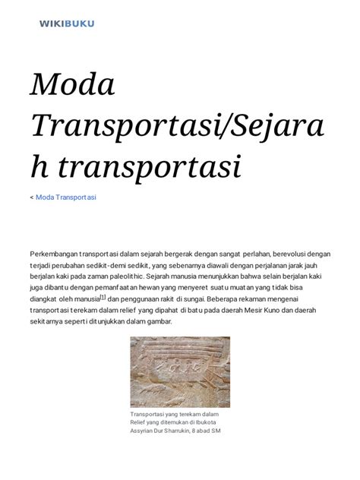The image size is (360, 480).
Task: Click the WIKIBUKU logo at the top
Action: tap(67, 24)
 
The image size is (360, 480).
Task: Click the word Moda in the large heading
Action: tap(72, 84)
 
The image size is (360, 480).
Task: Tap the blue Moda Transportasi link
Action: tap(66, 197)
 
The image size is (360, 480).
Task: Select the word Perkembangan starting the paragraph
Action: tap(57, 254)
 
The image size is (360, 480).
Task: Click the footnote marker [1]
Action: tap(103, 298)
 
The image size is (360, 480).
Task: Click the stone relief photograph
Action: tap(180, 372)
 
